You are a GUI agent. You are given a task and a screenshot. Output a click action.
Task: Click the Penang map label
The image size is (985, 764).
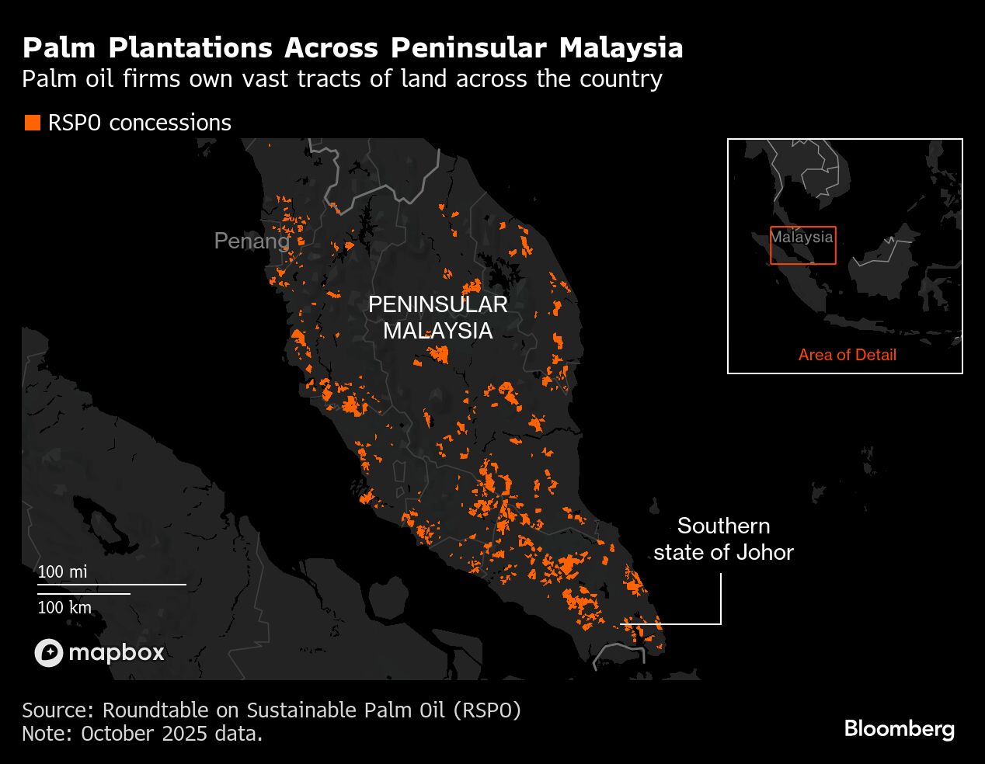coord(251,241)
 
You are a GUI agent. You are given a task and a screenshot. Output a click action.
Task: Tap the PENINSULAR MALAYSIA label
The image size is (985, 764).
coord(437,317)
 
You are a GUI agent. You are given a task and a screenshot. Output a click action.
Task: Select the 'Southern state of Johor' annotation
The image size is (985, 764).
coord(723,539)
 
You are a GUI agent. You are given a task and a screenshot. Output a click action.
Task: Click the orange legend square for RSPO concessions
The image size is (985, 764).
coord(32,123)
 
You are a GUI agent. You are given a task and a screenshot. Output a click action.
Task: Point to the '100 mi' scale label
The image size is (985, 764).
coord(62,571)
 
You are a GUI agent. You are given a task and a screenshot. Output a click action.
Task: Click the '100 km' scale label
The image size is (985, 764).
coord(64,607)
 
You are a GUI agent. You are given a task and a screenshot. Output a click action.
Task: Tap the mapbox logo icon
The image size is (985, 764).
coord(48,652)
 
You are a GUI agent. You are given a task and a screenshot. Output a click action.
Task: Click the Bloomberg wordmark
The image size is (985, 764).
coord(899,728)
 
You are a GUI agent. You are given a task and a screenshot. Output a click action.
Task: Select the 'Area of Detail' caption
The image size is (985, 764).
coord(847,355)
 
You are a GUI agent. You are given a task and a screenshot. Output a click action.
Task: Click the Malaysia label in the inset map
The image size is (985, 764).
coord(802,237)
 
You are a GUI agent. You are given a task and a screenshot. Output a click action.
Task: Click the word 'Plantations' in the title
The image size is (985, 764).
coord(190,47)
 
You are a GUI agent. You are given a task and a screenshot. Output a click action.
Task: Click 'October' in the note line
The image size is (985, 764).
coord(118,733)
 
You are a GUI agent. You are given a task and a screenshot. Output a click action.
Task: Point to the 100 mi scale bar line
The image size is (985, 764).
coord(112,584)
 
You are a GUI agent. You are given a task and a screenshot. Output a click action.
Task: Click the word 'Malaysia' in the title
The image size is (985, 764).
coord(621,47)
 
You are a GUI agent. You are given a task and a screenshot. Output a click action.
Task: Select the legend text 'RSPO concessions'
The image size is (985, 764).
coord(140,123)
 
